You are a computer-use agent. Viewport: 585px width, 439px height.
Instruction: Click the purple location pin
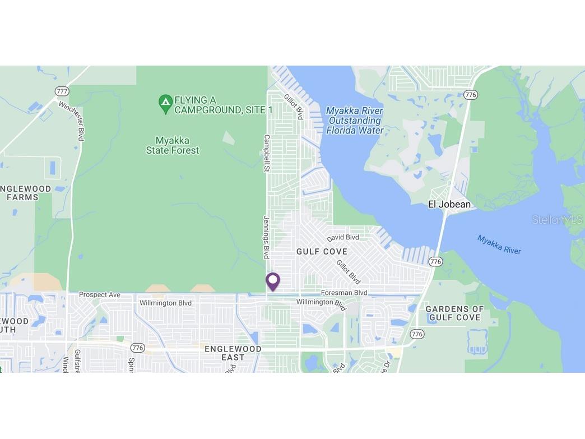pos(272,281)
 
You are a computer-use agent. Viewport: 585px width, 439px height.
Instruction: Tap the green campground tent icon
pos(165,103)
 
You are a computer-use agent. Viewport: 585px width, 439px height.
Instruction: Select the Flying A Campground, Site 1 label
pos(224,105)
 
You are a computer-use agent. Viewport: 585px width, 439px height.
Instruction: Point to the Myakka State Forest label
pos(173,145)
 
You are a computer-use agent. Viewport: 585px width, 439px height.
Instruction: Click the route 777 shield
pos(62,91)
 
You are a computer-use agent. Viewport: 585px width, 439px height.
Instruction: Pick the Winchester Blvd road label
pos(71,121)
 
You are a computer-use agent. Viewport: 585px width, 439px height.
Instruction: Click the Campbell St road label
pos(267,153)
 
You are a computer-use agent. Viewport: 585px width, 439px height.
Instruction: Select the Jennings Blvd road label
pos(266,237)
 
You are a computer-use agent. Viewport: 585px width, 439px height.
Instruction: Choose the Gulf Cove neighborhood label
pos(322,252)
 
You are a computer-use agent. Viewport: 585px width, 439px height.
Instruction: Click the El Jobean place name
pos(449,205)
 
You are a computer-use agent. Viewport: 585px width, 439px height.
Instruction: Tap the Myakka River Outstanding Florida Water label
pos(355,121)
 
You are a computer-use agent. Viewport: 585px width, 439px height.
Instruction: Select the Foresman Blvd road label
pos(344,293)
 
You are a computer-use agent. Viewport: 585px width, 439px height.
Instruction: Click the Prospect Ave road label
pos(100,294)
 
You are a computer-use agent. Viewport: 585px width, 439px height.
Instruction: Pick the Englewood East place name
pos(233,353)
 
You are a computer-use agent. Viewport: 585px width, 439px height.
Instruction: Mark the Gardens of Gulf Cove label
pos(454,313)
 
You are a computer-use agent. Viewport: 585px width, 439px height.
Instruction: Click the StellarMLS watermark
pos(557,220)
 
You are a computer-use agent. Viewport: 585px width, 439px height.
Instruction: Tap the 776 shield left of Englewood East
pos(138,348)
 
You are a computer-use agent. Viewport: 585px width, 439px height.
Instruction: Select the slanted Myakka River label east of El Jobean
pos(499,244)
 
